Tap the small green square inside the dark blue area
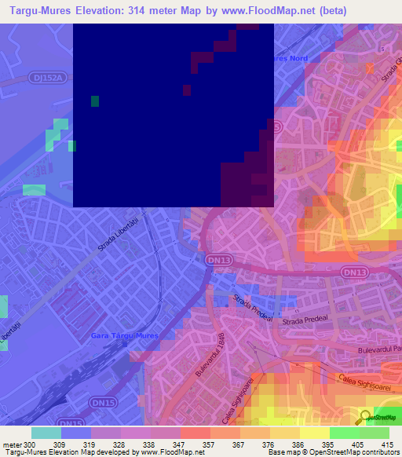pyautogui.click(x=95, y=101)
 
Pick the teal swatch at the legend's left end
pyautogui.click(x=46, y=433)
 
